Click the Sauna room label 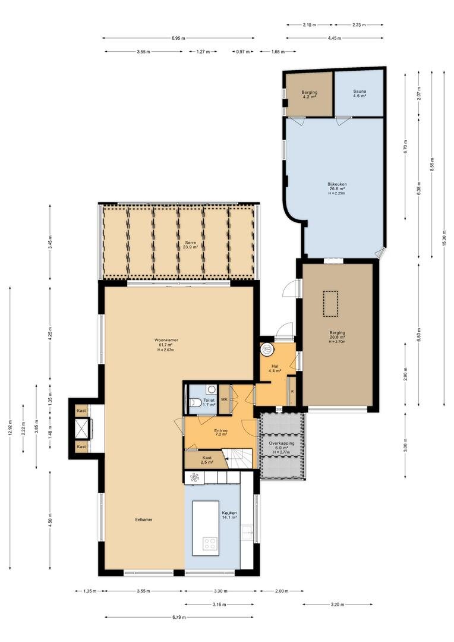pos(360,92)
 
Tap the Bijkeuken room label pos(337,184)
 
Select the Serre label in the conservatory pos(190,243)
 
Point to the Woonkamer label pos(166,340)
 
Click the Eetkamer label pos(144,520)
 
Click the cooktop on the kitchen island pos(210,544)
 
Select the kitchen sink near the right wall pos(247,532)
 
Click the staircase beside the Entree pos(240,458)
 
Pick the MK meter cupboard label pos(225,399)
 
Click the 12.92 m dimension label pos(10,428)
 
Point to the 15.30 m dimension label pos(444,238)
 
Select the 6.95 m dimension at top pos(178,38)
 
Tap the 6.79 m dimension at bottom pos(178,617)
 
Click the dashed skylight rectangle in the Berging pos(330,303)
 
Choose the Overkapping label pos(281,443)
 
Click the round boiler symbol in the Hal pos(267,350)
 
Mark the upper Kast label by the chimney pos(81,410)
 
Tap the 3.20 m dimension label pos(338,604)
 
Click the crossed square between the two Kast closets pos(82,429)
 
